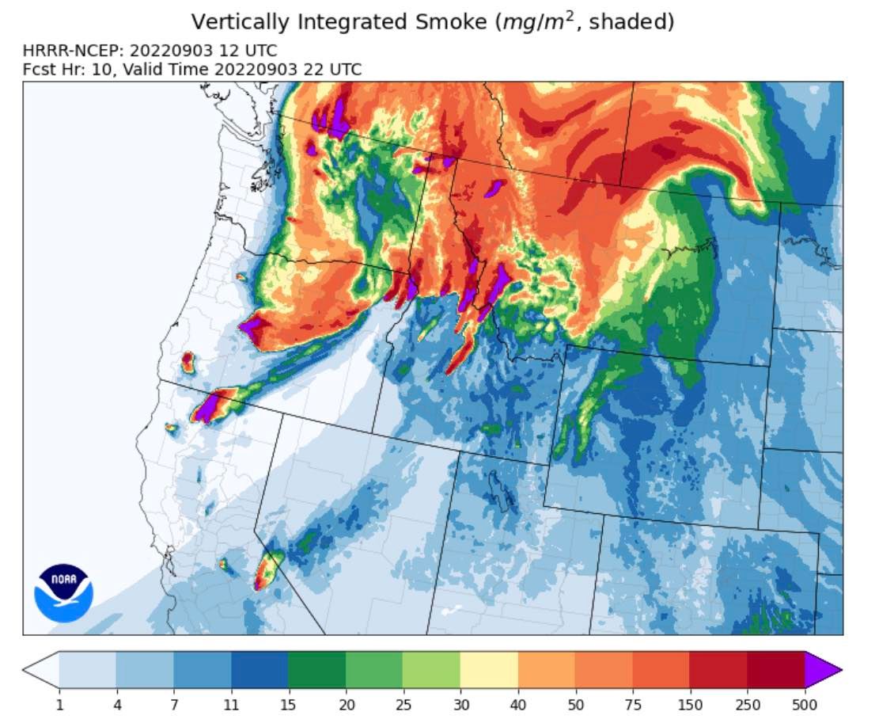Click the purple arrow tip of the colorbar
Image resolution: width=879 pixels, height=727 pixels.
point(823,671)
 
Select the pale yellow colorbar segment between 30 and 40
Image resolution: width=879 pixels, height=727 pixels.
point(489,671)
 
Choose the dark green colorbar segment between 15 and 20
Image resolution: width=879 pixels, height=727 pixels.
point(317,671)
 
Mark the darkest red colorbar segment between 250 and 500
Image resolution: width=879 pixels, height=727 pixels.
point(776,671)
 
